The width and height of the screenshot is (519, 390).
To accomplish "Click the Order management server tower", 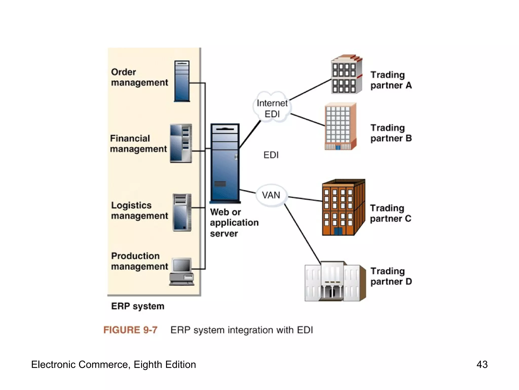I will [182, 81].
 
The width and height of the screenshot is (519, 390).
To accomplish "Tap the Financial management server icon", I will [181, 143].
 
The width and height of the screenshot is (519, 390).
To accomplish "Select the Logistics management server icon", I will [182, 212].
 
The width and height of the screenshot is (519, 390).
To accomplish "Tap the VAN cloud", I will [271, 195].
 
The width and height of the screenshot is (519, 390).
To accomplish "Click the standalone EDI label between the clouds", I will [271, 155].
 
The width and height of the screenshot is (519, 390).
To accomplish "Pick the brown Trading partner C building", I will [343, 208].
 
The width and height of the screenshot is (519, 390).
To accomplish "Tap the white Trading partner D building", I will [335, 282].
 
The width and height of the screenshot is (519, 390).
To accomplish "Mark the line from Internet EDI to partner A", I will [310, 90].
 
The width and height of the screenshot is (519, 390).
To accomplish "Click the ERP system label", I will [138, 306].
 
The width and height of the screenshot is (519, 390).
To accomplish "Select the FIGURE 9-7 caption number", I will [130, 330].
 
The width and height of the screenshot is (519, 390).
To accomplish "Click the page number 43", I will [482, 365].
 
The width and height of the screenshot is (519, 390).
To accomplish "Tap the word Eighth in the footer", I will [148, 365].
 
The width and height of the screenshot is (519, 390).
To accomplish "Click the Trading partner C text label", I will [390, 213].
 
